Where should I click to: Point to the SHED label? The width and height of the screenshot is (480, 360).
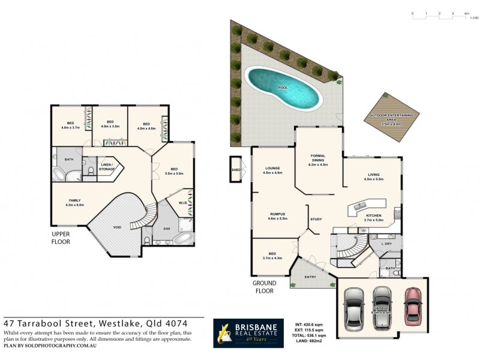tap(235, 169)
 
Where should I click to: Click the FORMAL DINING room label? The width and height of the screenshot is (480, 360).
tap(317, 158)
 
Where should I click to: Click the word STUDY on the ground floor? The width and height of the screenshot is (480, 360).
tap(316, 219)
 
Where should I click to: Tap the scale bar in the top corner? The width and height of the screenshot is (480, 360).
tap(440, 13)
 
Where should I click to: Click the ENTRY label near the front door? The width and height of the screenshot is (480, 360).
tap(310, 277)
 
